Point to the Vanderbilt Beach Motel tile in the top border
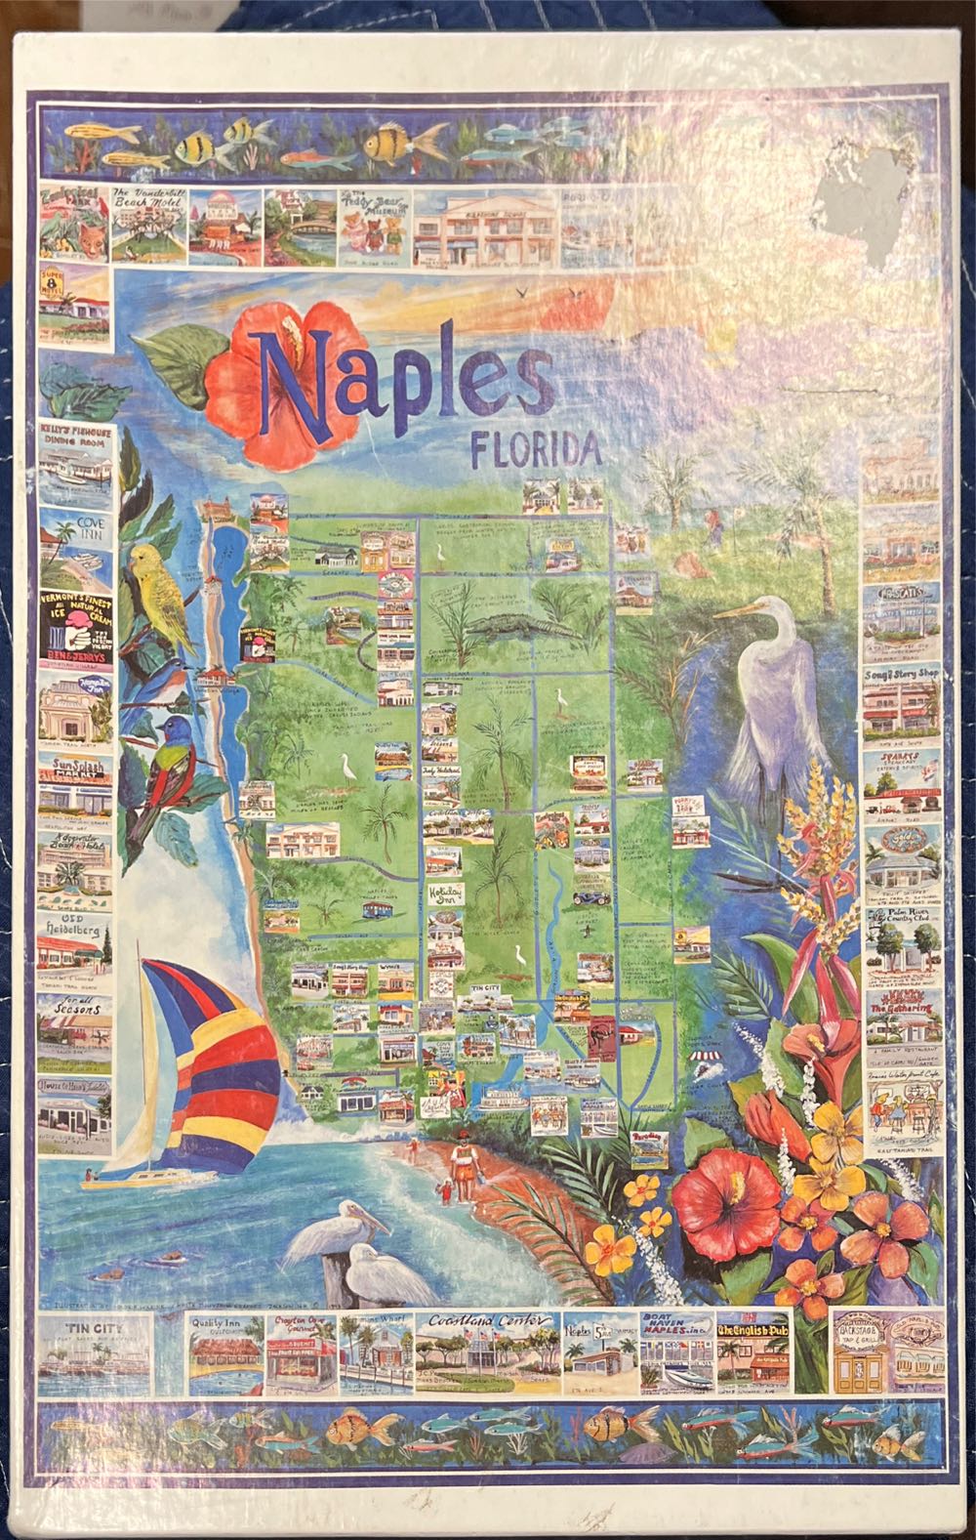(x=147, y=224)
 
